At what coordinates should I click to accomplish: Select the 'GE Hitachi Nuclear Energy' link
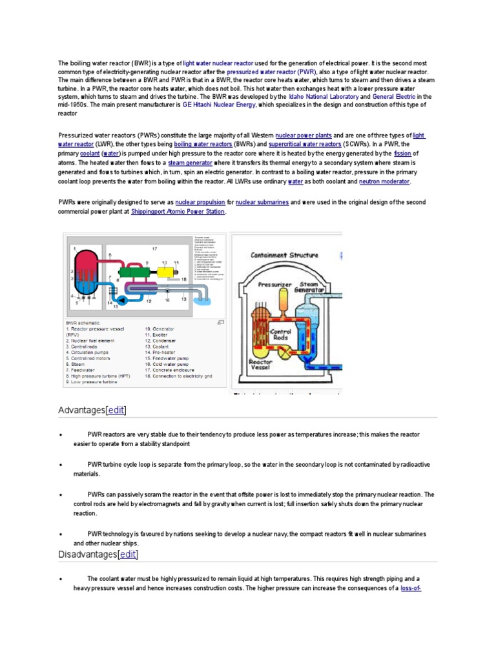219,105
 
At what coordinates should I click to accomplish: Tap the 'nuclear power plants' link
304,136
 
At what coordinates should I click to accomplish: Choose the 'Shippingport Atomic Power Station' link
178,212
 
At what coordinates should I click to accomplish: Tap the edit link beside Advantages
116,411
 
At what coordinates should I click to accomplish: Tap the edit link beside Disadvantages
127,554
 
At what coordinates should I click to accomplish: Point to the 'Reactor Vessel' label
262,365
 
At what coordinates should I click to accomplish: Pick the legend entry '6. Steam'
77,364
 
